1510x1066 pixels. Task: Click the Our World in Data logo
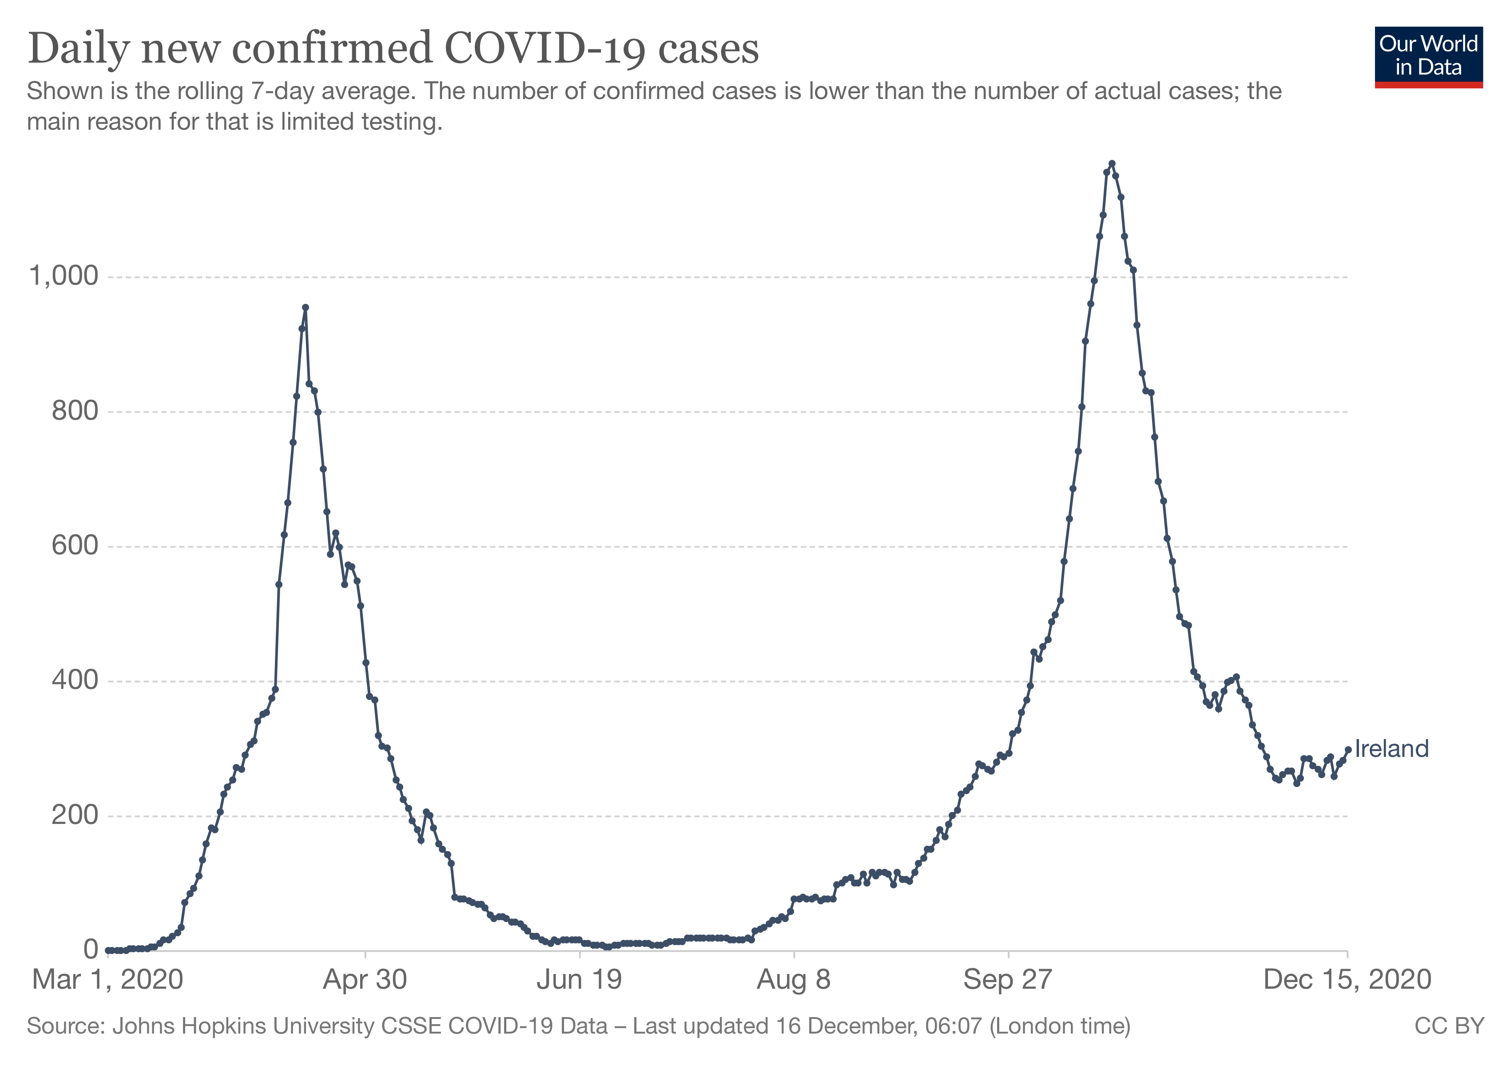coord(1428,56)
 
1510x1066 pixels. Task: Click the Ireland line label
coord(1391,749)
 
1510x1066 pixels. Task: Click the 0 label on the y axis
coord(91,950)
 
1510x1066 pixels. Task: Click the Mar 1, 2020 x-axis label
coord(108,980)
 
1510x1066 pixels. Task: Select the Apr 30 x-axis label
coord(365,980)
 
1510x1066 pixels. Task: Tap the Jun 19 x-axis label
coord(580,980)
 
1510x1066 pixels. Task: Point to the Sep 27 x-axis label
coord(1008,980)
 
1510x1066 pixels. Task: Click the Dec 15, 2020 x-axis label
coord(1347,980)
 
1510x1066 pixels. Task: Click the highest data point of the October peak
coord(1112,163)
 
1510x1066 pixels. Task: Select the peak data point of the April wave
coord(305,307)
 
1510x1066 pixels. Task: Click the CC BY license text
coord(1450,1026)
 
